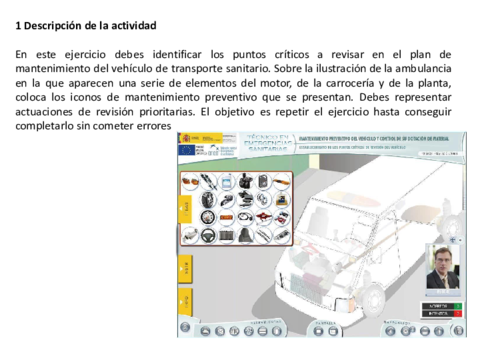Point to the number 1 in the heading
point(19,24)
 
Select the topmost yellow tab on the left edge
point(184,208)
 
